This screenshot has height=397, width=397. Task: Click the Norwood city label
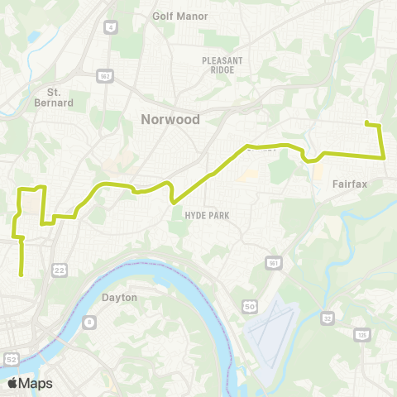(x=170, y=120)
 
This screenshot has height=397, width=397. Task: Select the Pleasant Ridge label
(x=222, y=65)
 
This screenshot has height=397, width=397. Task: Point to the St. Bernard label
(x=60, y=97)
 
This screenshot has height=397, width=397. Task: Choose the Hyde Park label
(x=206, y=215)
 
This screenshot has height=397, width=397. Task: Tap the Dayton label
(x=119, y=297)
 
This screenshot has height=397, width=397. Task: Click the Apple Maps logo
(x=30, y=383)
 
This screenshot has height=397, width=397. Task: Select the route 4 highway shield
(x=109, y=27)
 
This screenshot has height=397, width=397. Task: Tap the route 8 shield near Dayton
(x=89, y=323)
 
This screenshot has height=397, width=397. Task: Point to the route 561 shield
(x=272, y=263)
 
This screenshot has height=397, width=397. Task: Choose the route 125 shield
(x=361, y=334)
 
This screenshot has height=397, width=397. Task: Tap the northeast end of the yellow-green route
(x=366, y=124)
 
